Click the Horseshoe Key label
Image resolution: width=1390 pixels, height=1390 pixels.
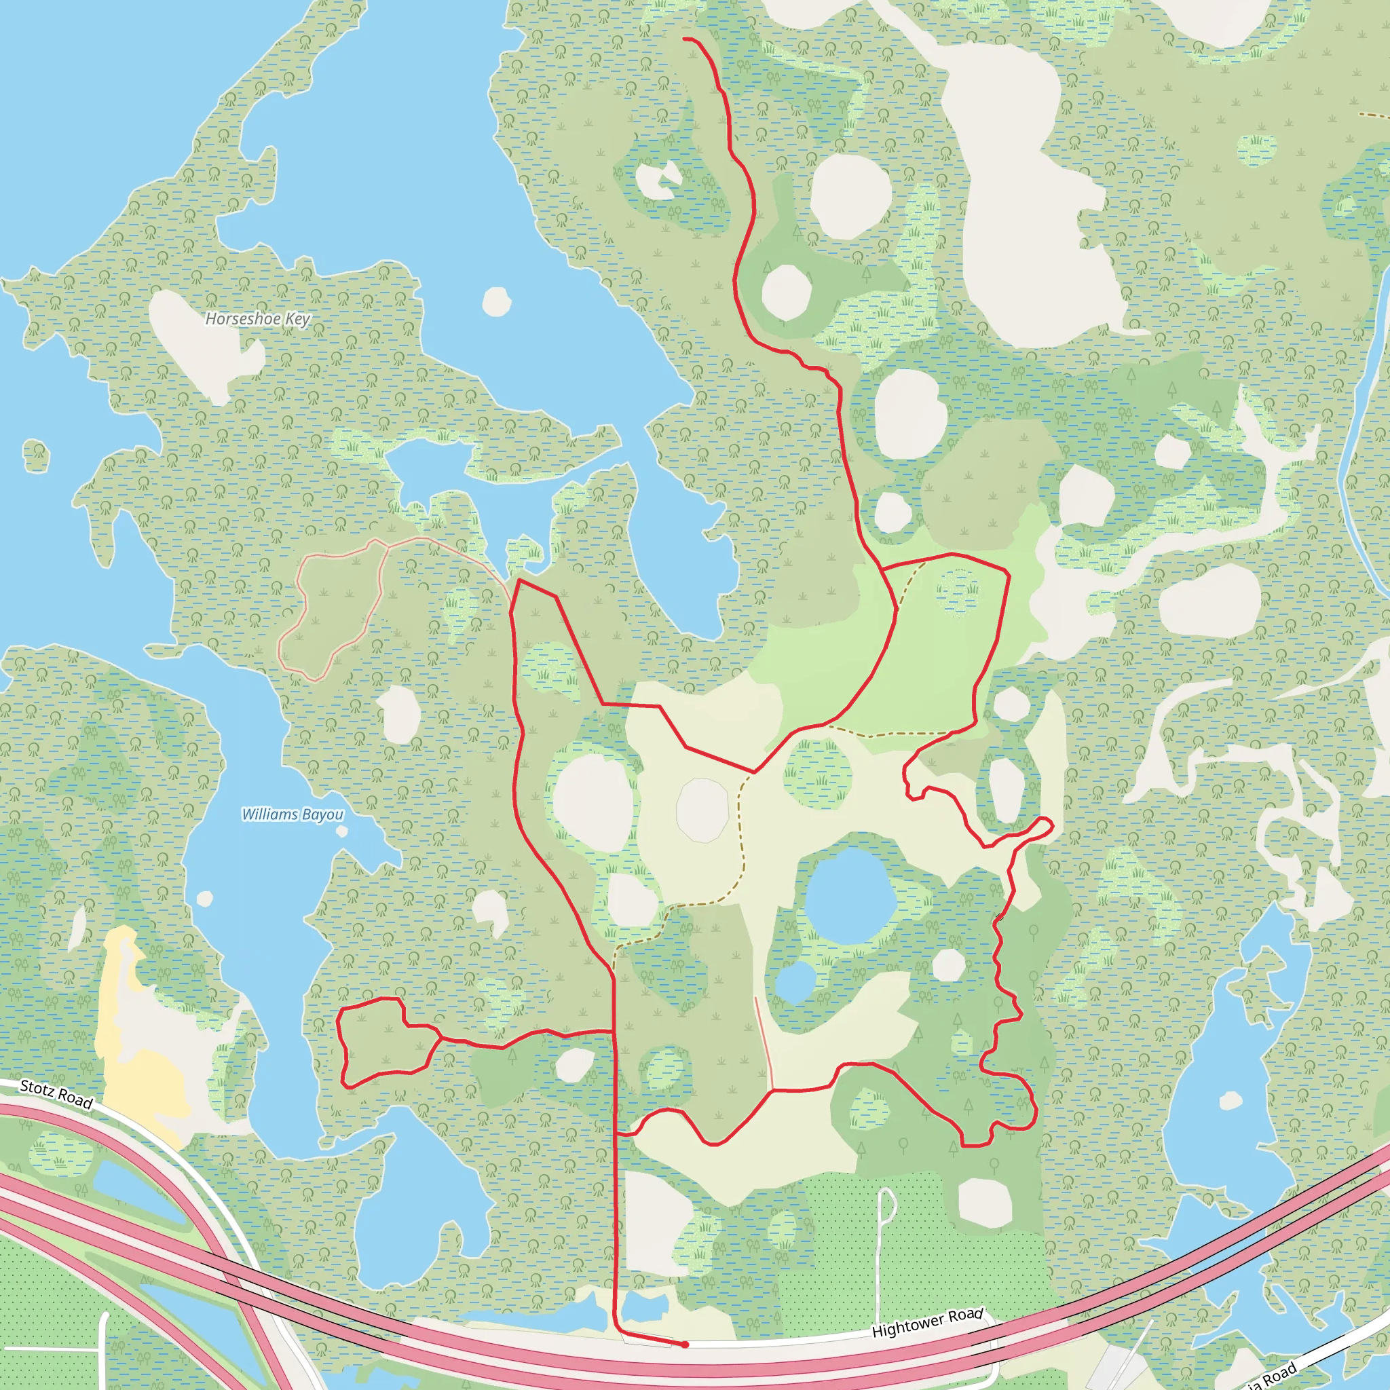click(x=257, y=319)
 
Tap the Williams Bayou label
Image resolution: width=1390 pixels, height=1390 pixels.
click(x=292, y=814)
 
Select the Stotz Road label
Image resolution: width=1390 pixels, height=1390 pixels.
click(x=56, y=1094)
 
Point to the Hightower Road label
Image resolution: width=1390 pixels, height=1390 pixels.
click(x=926, y=1322)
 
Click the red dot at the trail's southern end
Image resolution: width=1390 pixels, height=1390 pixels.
click(x=685, y=1344)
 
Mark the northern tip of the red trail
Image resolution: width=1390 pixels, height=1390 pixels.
click(x=684, y=39)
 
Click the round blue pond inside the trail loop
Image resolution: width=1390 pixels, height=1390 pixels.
click(x=850, y=897)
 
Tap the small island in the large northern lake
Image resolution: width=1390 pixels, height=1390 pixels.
click(x=496, y=301)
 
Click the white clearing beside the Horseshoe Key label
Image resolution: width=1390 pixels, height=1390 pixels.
click(x=198, y=338)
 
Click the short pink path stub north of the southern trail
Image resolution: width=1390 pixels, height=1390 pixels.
click(x=764, y=1043)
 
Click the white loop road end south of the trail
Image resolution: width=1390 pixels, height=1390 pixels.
click(x=886, y=1203)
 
